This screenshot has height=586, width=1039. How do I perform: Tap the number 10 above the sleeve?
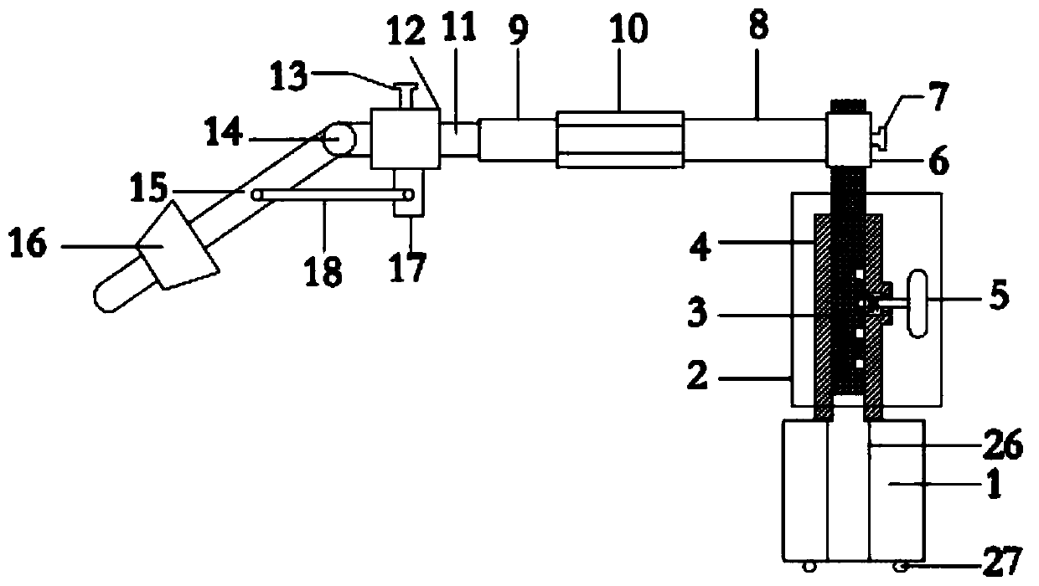(629, 31)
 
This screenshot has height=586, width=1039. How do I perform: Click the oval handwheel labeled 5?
(918, 302)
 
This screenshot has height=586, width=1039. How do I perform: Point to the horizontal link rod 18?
(335, 194)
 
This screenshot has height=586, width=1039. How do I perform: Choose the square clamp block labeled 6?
(847, 140)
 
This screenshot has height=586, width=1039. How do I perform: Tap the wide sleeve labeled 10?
(620, 138)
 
